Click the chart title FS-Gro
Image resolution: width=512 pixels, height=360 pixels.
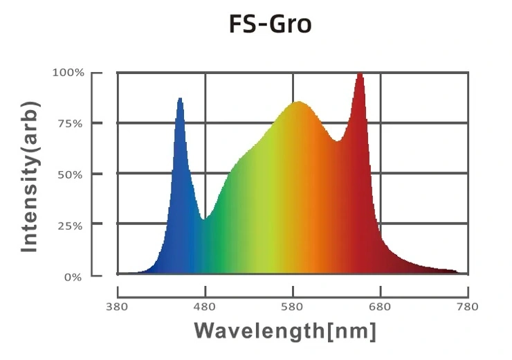pyautogui.click(x=270, y=25)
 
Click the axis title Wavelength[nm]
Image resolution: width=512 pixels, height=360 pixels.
pyautogui.click(x=285, y=330)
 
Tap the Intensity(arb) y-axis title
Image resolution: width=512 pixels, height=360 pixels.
pyautogui.click(x=30, y=177)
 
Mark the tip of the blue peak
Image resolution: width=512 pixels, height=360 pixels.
pyautogui.click(x=180, y=99)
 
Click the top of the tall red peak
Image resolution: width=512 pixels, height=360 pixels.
pyautogui.click(x=360, y=73)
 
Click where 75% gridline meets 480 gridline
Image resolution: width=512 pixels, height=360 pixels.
pyautogui.click(x=205, y=123)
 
